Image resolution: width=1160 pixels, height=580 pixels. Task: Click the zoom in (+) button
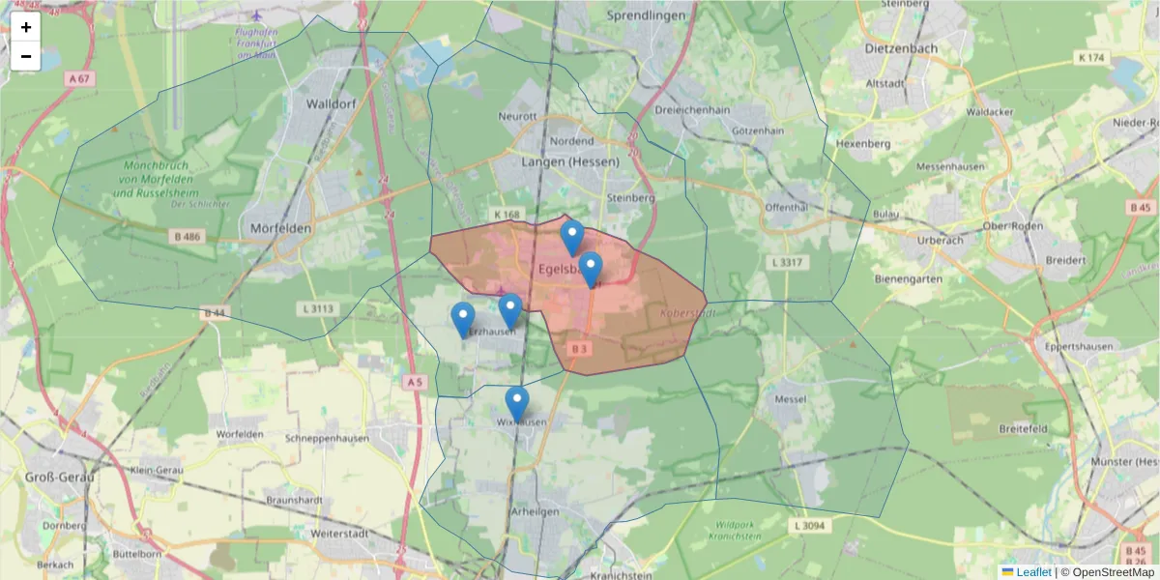pyautogui.click(x=26, y=27)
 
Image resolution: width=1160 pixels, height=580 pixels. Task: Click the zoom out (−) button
pyautogui.click(x=26, y=56)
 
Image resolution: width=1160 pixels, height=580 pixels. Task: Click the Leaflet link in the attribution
pyautogui.click(x=1033, y=572)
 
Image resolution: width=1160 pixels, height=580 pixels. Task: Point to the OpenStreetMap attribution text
pyautogui.click(x=1112, y=572)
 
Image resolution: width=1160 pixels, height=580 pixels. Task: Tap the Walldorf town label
pyautogui.click(x=332, y=103)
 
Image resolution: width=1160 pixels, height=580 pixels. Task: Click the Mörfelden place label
pyautogui.click(x=279, y=228)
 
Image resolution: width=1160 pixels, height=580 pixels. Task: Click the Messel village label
pyautogui.click(x=790, y=399)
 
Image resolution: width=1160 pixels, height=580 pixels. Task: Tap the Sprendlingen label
pyautogui.click(x=646, y=15)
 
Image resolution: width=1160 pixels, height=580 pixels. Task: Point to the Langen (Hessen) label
pyautogui.click(x=569, y=161)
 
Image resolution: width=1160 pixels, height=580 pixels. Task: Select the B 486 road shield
pyautogui.click(x=188, y=236)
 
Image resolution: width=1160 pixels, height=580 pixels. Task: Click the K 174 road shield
pyautogui.click(x=1090, y=58)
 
